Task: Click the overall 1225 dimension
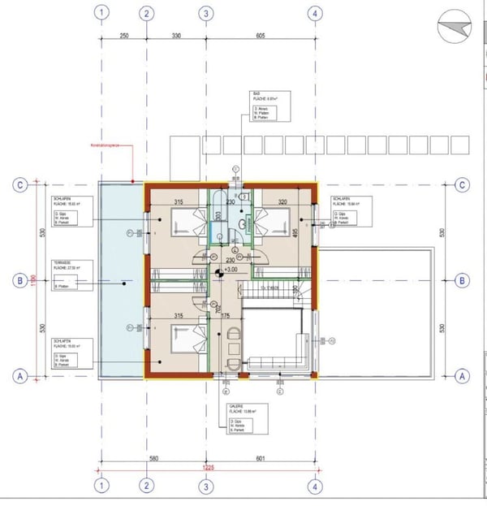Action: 209,467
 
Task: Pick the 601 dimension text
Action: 261,459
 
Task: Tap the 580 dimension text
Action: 154,459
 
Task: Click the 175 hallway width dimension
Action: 226,315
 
